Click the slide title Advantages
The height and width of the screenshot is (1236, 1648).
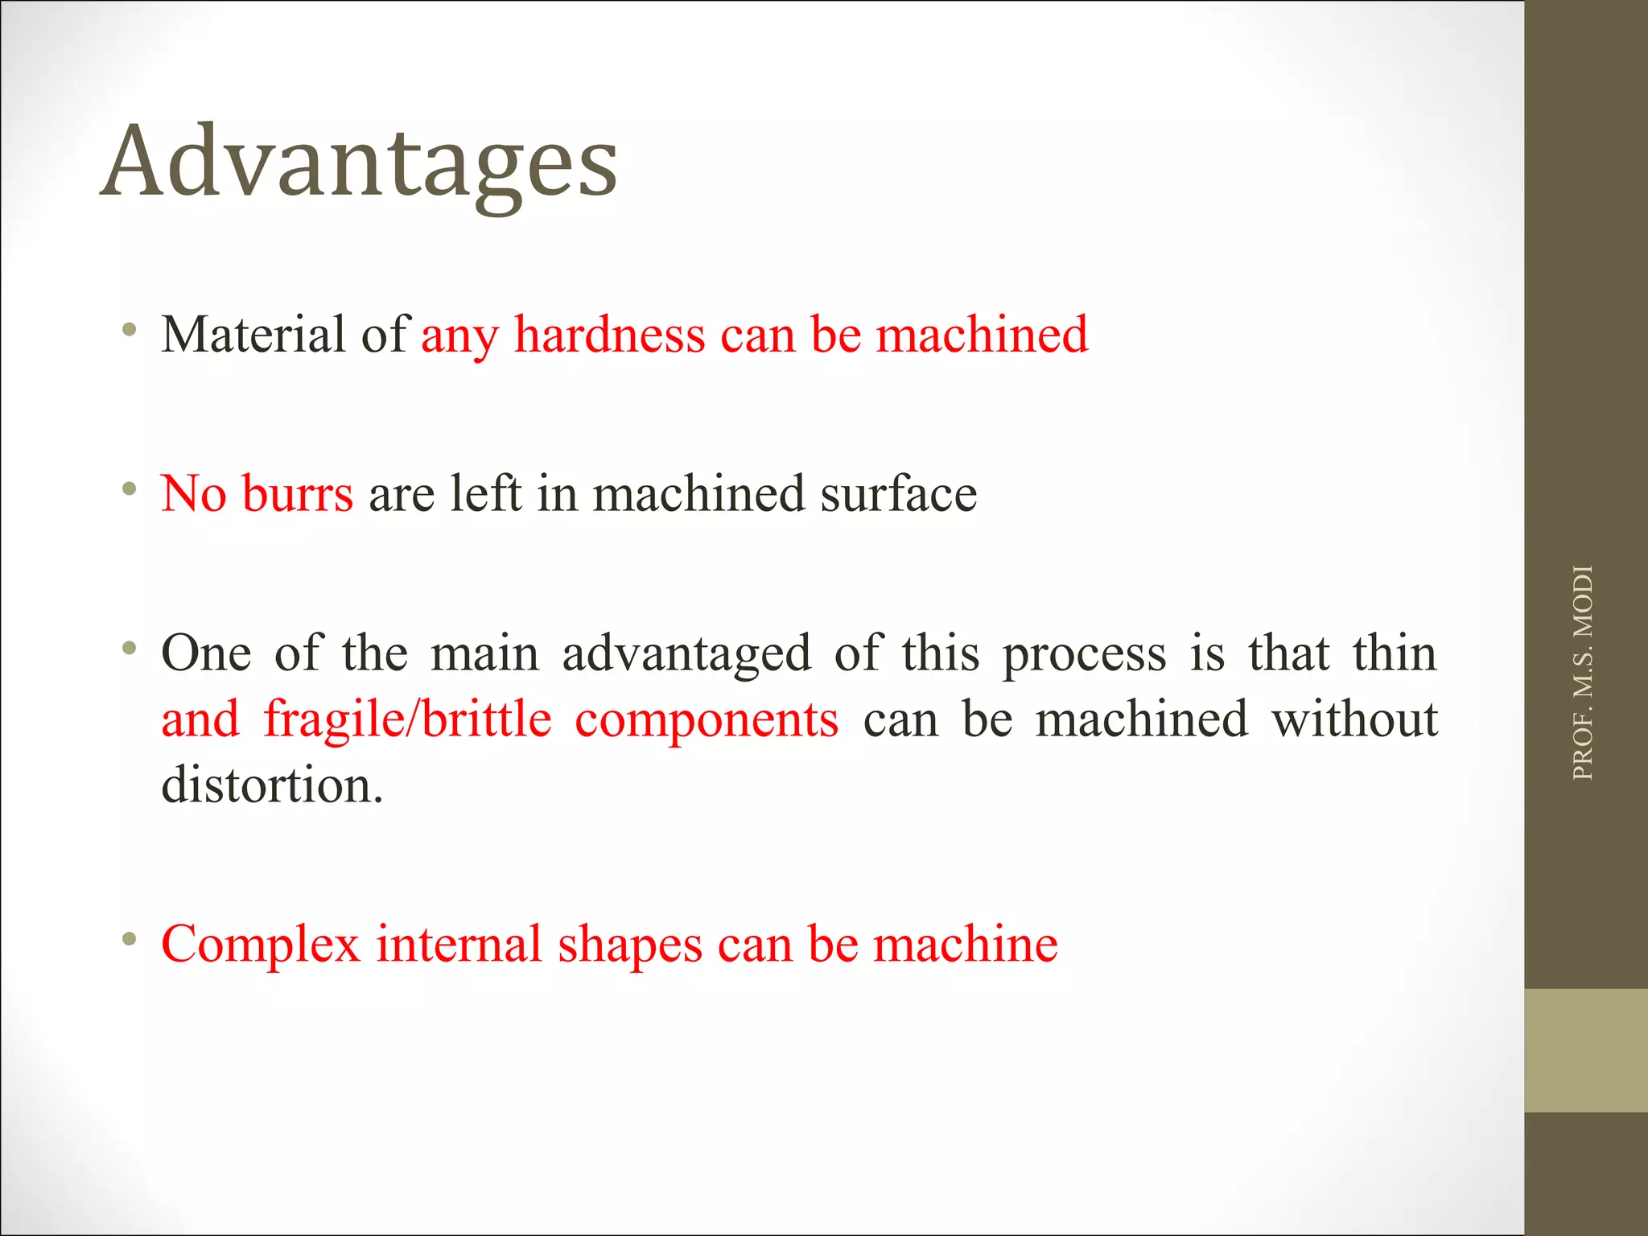(x=359, y=163)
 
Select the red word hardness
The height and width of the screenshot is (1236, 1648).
(x=609, y=334)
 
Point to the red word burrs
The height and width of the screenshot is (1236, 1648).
(x=297, y=493)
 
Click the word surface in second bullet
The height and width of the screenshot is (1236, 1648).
(x=898, y=493)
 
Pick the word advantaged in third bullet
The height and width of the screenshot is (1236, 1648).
(x=686, y=653)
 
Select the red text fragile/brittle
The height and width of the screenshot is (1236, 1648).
(x=407, y=719)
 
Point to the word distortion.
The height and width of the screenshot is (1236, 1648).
(x=271, y=785)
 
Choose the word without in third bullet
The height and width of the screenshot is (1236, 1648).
(x=1353, y=719)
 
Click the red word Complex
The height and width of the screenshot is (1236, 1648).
(x=260, y=944)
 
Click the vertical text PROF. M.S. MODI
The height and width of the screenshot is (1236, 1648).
(x=1582, y=673)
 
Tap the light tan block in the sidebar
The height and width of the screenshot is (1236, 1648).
(x=1585, y=1050)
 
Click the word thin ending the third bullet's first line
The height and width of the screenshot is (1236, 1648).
(x=1394, y=653)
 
